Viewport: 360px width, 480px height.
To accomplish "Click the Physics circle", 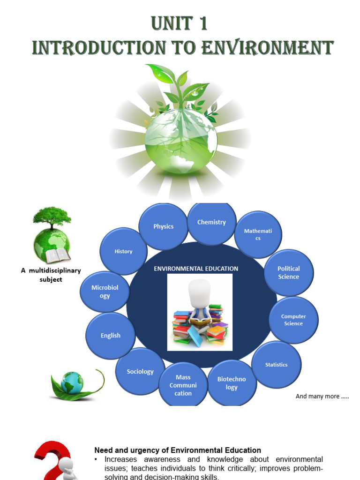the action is coord(163,226).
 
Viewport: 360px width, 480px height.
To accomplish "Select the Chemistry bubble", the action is coord(211,223).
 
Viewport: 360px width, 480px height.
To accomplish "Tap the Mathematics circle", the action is coord(258,234).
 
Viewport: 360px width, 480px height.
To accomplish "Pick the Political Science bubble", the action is coord(289,272).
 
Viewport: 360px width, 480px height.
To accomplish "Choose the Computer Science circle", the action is coord(293,320).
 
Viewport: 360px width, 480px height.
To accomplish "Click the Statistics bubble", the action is coord(276,365).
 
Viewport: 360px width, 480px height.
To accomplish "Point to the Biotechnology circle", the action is coord(232,383).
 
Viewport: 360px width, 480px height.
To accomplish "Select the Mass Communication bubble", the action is coord(183,385).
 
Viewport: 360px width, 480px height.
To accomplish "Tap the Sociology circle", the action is coord(140,372).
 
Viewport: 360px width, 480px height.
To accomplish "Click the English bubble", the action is coord(111,336).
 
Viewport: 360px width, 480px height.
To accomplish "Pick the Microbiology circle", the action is coord(105,292).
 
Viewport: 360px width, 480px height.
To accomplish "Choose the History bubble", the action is coord(123,251).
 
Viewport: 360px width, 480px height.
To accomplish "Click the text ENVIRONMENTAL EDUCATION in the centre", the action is coord(196,269).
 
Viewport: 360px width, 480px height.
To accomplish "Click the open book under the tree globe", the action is coord(58,255).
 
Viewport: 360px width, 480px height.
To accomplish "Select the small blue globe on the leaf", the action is coord(72,382).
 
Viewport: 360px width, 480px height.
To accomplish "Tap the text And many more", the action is coord(322,397).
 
